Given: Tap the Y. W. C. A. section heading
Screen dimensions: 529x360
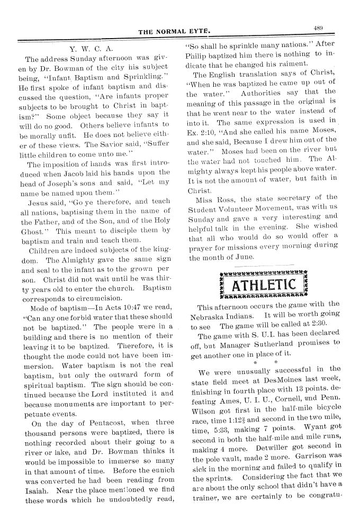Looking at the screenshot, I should (x=96, y=49).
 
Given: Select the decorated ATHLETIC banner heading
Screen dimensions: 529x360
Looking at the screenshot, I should (x=263, y=285).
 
